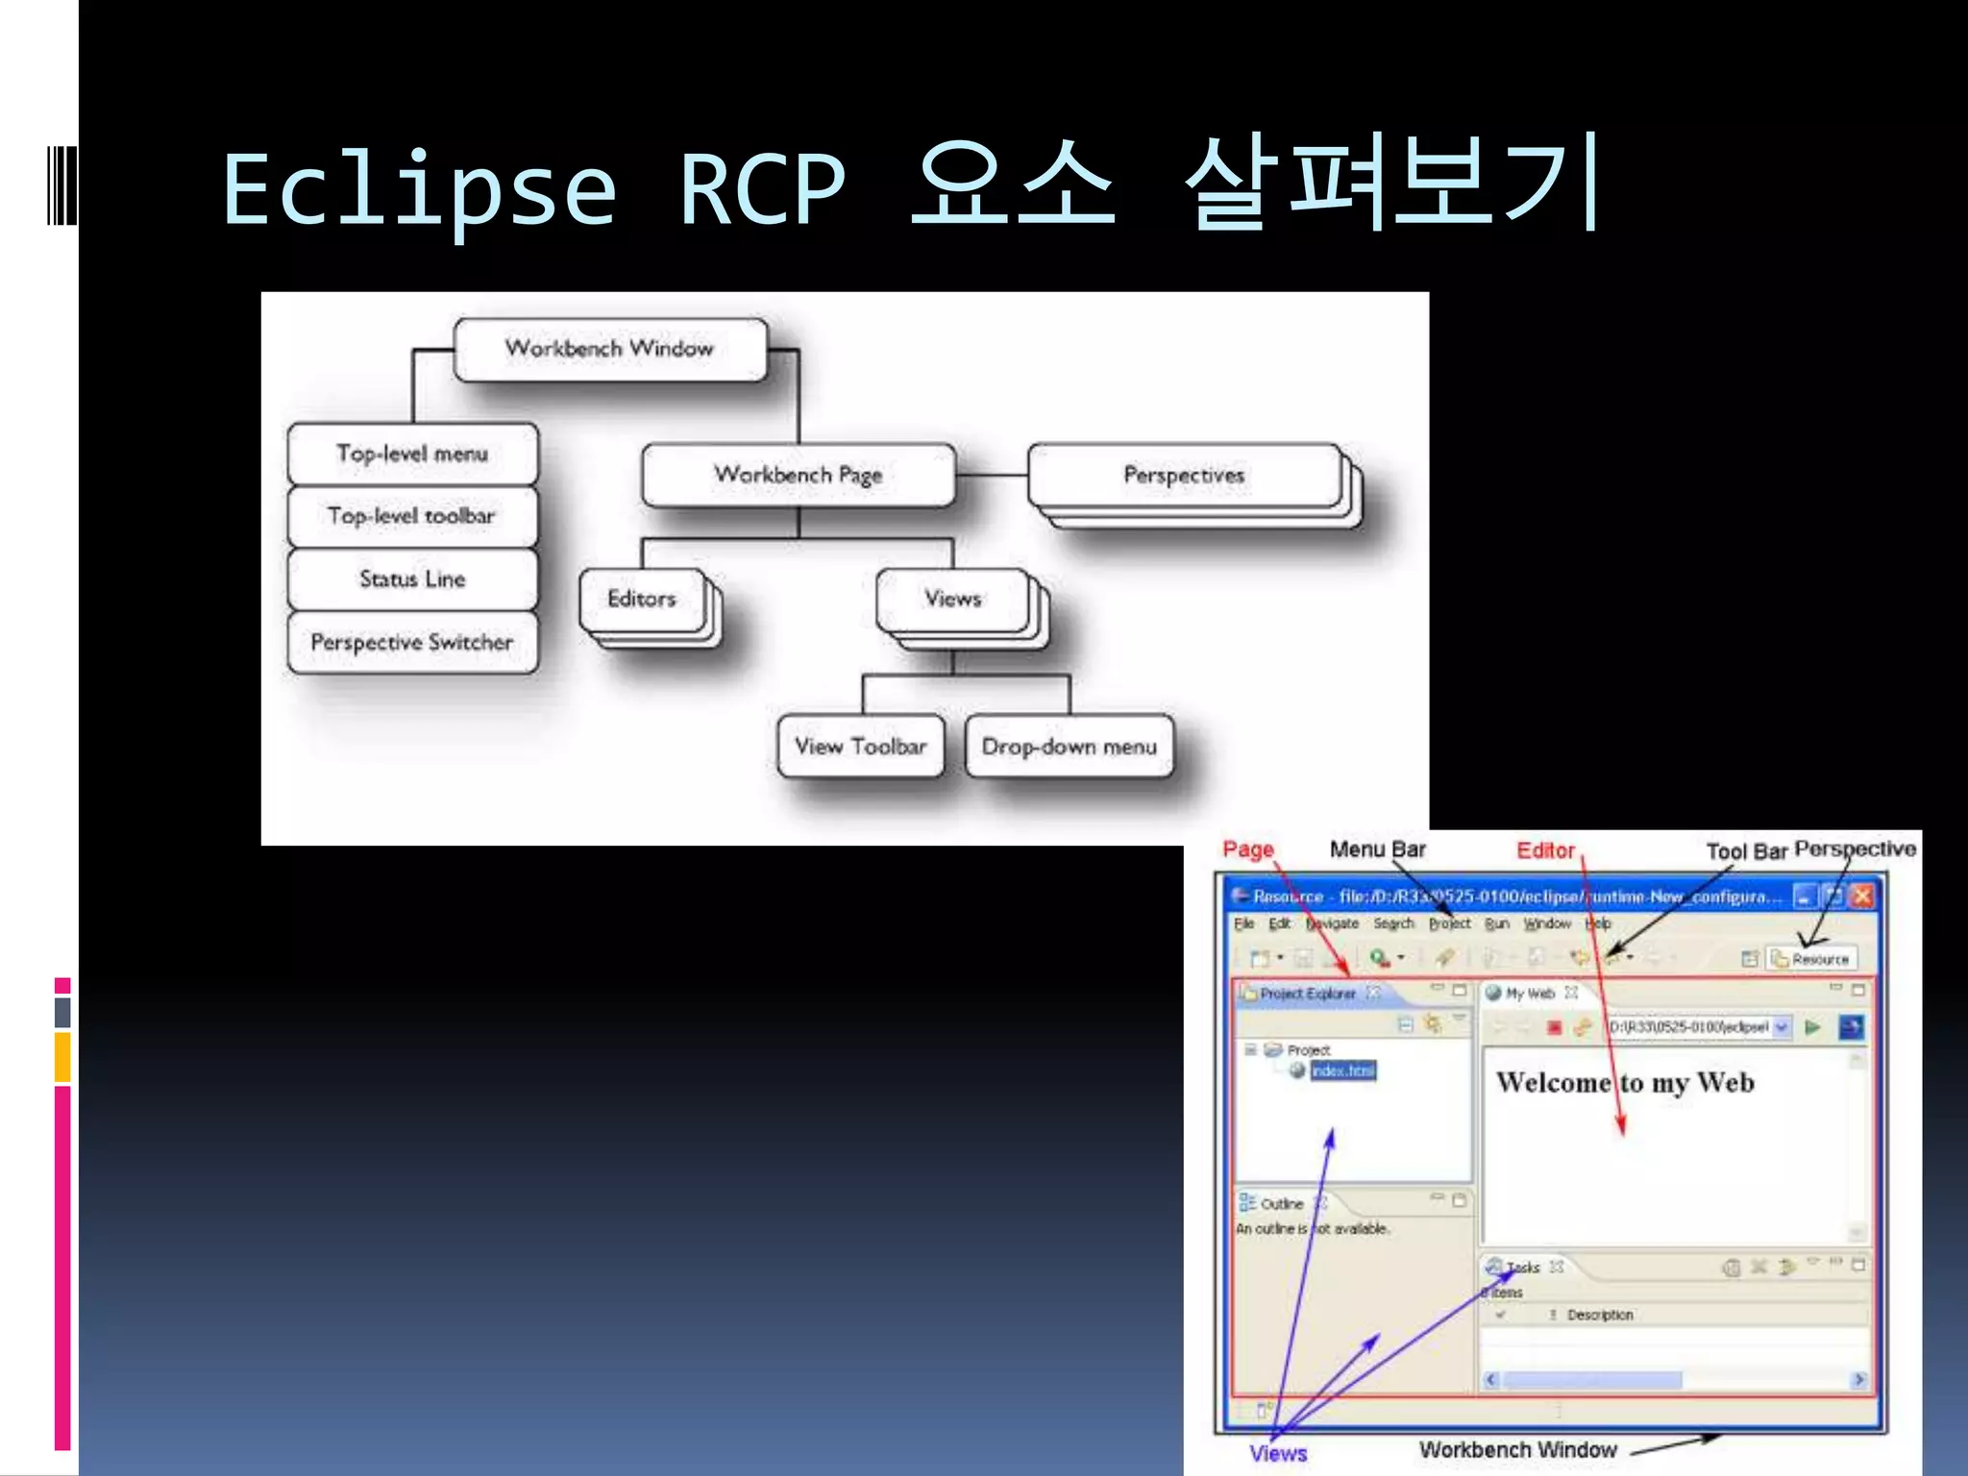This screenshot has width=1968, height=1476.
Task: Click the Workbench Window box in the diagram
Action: [x=610, y=349]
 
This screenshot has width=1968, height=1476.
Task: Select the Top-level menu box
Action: [x=412, y=454]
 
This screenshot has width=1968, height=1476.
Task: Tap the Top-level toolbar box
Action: [x=412, y=516]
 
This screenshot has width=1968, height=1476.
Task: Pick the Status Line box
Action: [x=412, y=578]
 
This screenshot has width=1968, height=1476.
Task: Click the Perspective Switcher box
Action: [x=412, y=642]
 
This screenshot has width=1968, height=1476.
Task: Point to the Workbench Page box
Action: [x=798, y=475]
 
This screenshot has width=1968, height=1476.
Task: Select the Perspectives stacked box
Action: [x=1184, y=475]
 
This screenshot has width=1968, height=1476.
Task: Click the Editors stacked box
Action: [x=642, y=599]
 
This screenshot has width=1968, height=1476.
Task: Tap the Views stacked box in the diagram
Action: [x=952, y=599]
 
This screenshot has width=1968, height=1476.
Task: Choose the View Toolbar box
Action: [x=860, y=746]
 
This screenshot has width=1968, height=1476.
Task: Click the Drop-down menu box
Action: [x=1069, y=746]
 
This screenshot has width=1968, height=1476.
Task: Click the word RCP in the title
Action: [x=762, y=189]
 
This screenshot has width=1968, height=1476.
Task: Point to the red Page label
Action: [x=1247, y=849]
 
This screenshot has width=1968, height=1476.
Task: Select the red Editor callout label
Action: [x=1545, y=850]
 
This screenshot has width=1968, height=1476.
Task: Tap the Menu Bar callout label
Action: [x=1377, y=849]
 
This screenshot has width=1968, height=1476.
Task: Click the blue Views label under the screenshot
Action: [x=1278, y=1453]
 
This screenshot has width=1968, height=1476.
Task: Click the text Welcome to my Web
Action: [x=1625, y=1083]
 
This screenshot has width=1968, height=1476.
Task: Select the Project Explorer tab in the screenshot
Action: [x=1307, y=994]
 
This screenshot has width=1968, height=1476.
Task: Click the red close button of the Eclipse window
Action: [x=1862, y=897]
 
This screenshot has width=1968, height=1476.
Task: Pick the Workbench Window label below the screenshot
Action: [x=1517, y=1449]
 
